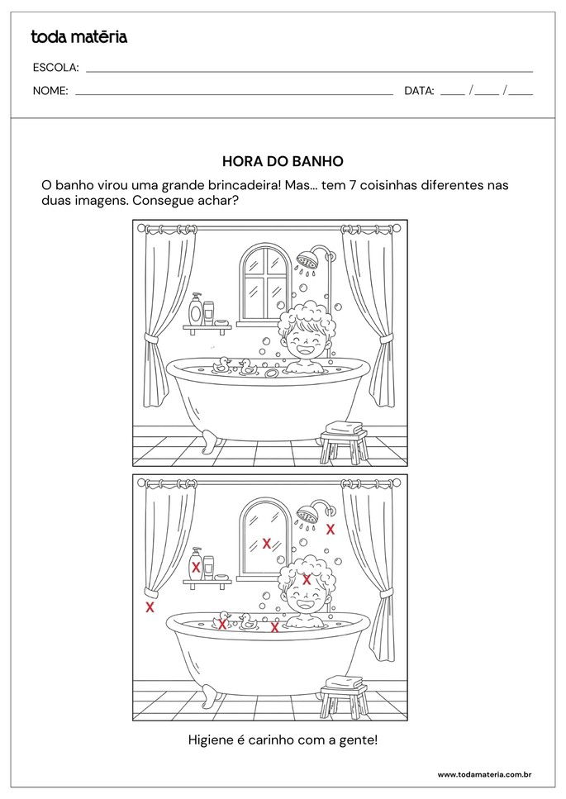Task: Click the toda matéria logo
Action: pos(78,36)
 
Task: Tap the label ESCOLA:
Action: pos(55,68)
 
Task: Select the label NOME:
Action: pos(50,91)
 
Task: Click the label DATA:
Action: pos(419,91)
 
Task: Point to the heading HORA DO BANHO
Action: pos(283,162)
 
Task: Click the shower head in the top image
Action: pos(309,259)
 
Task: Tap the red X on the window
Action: pos(266,543)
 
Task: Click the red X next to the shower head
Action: pos(331,529)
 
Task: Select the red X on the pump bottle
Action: pos(196,567)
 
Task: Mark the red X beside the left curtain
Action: pos(150,607)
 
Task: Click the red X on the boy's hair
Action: pos(307,579)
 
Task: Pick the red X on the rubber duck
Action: pos(222,624)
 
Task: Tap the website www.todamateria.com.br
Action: pos(483,774)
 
